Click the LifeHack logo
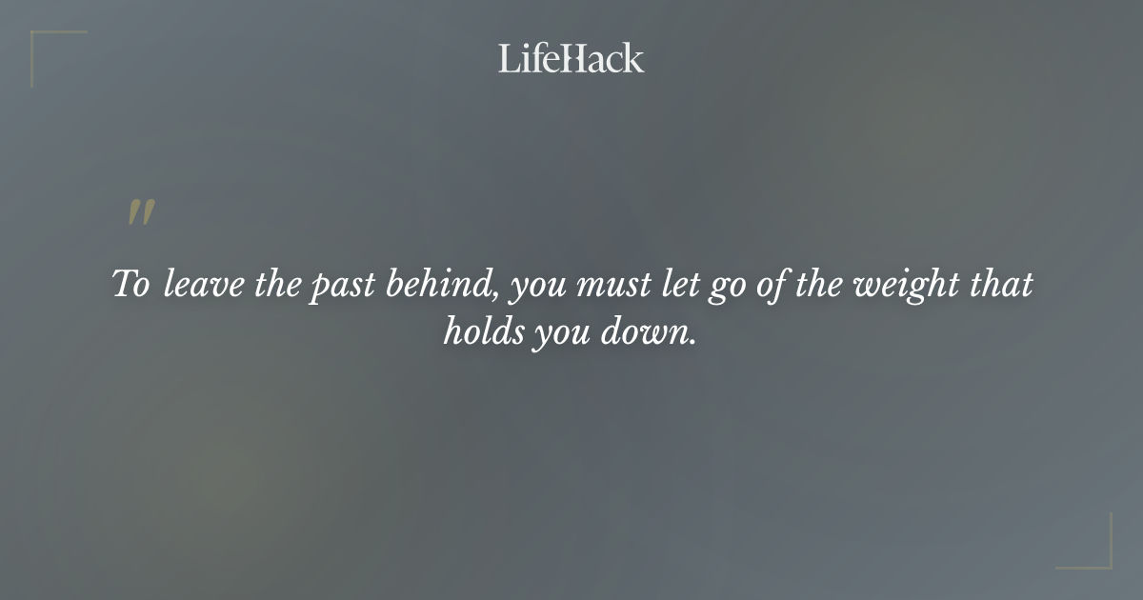(x=571, y=59)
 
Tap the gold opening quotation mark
(x=141, y=213)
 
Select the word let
(x=672, y=285)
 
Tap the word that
(x=1000, y=285)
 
